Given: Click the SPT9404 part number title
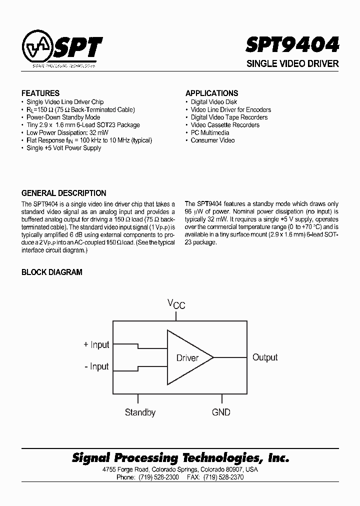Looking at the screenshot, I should (x=292, y=45).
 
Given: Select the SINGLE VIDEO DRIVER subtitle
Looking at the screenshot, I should (x=293, y=63).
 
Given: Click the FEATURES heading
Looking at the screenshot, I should (x=40, y=93).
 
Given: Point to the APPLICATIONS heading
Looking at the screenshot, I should (x=211, y=93).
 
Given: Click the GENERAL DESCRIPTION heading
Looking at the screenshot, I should (x=63, y=193).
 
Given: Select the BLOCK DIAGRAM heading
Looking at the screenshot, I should (x=51, y=272).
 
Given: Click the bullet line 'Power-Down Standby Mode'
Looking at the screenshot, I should (x=63, y=117).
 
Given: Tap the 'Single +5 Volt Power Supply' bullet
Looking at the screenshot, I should (x=63, y=148).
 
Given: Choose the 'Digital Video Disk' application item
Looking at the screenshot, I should (x=213, y=102).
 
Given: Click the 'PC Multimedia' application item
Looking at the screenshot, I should (x=209, y=132).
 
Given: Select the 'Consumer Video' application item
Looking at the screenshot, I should (x=212, y=140).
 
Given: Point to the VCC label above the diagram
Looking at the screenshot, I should (x=176, y=304).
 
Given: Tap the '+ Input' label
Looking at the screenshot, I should (x=96, y=344).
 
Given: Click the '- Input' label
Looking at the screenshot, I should (x=96, y=366).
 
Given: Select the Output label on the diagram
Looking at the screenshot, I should (x=265, y=357).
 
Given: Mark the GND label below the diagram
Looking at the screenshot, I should (x=221, y=412).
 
